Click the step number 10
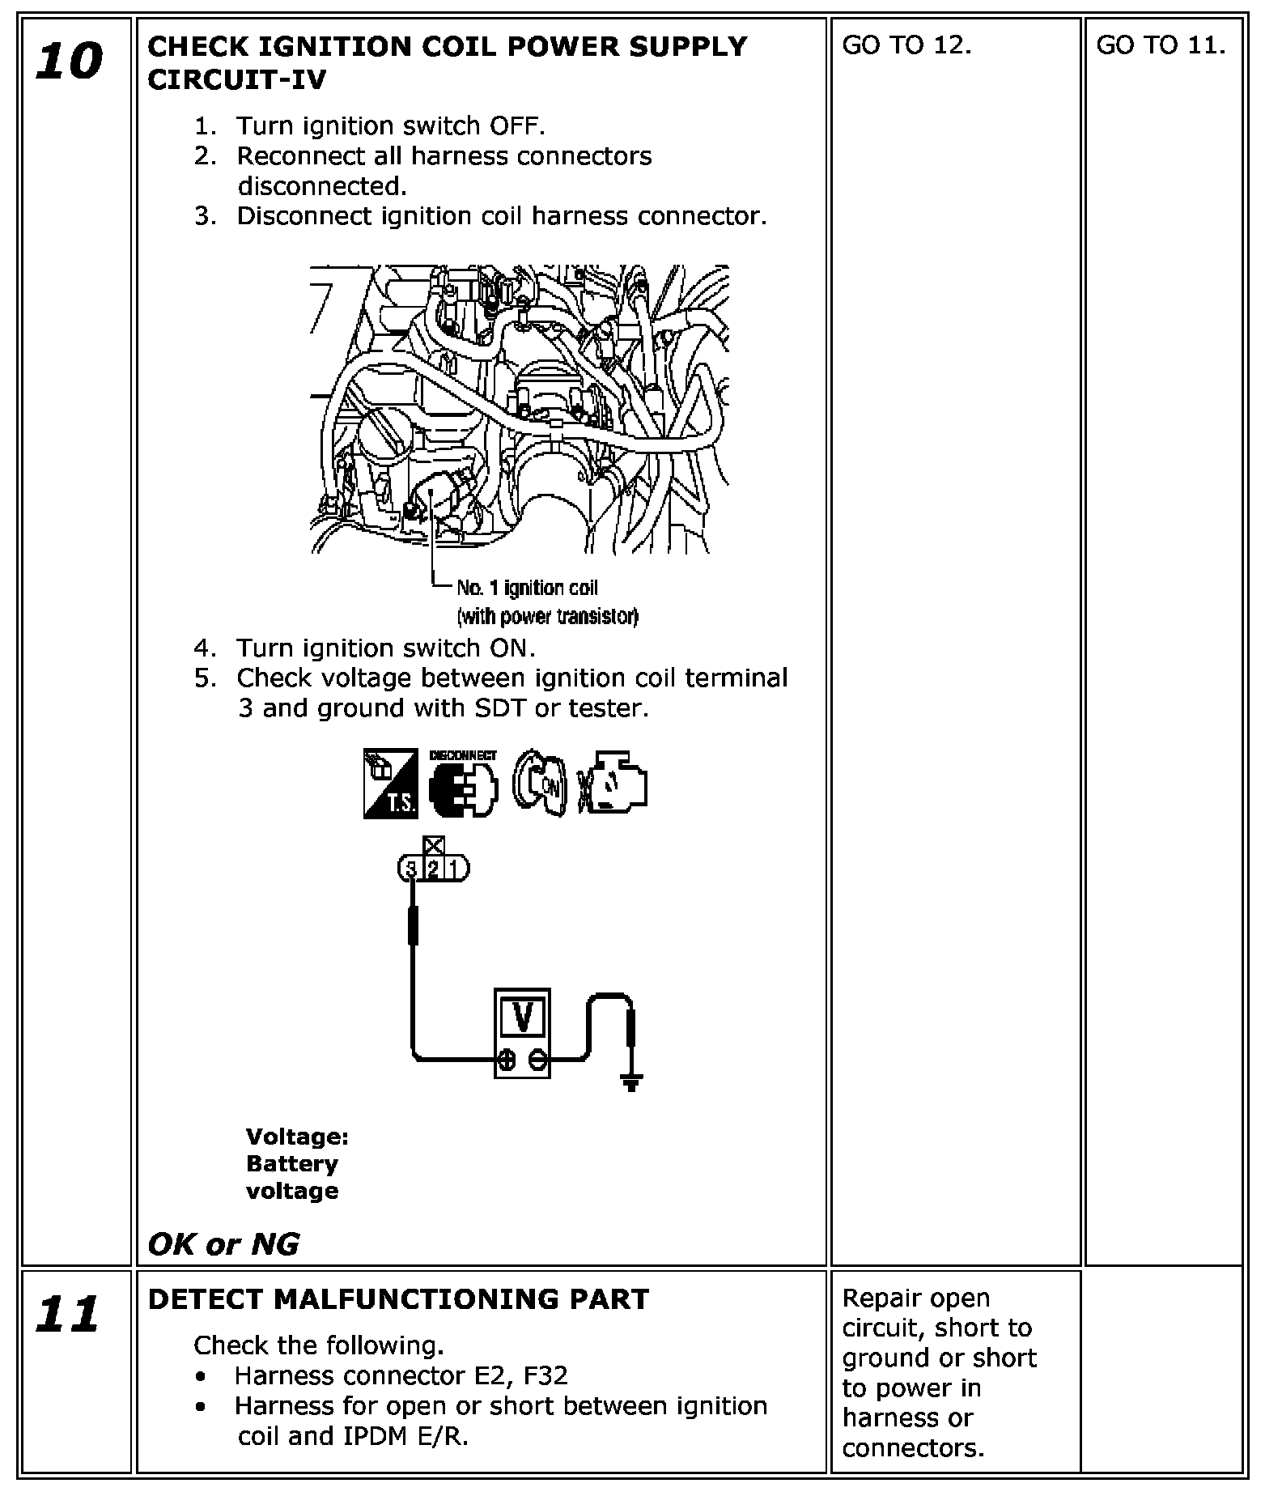pyautogui.click(x=70, y=62)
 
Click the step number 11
pyautogui.click(x=68, y=1314)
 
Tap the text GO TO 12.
pyautogui.click(x=906, y=45)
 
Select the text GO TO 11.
pyautogui.click(x=1161, y=45)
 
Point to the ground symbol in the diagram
pyautogui.click(x=631, y=1082)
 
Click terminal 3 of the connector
pyautogui.click(x=410, y=869)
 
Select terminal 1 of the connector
pyautogui.click(x=455, y=869)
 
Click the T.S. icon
pyautogui.click(x=390, y=784)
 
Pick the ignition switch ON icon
pyautogui.click(x=541, y=784)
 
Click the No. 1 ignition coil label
pyautogui.click(x=527, y=588)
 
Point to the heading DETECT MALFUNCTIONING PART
pyautogui.click(x=399, y=1299)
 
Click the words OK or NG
pyautogui.click(x=224, y=1244)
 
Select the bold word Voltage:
pyautogui.click(x=297, y=1137)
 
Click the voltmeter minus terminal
pyautogui.click(x=537, y=1060)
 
